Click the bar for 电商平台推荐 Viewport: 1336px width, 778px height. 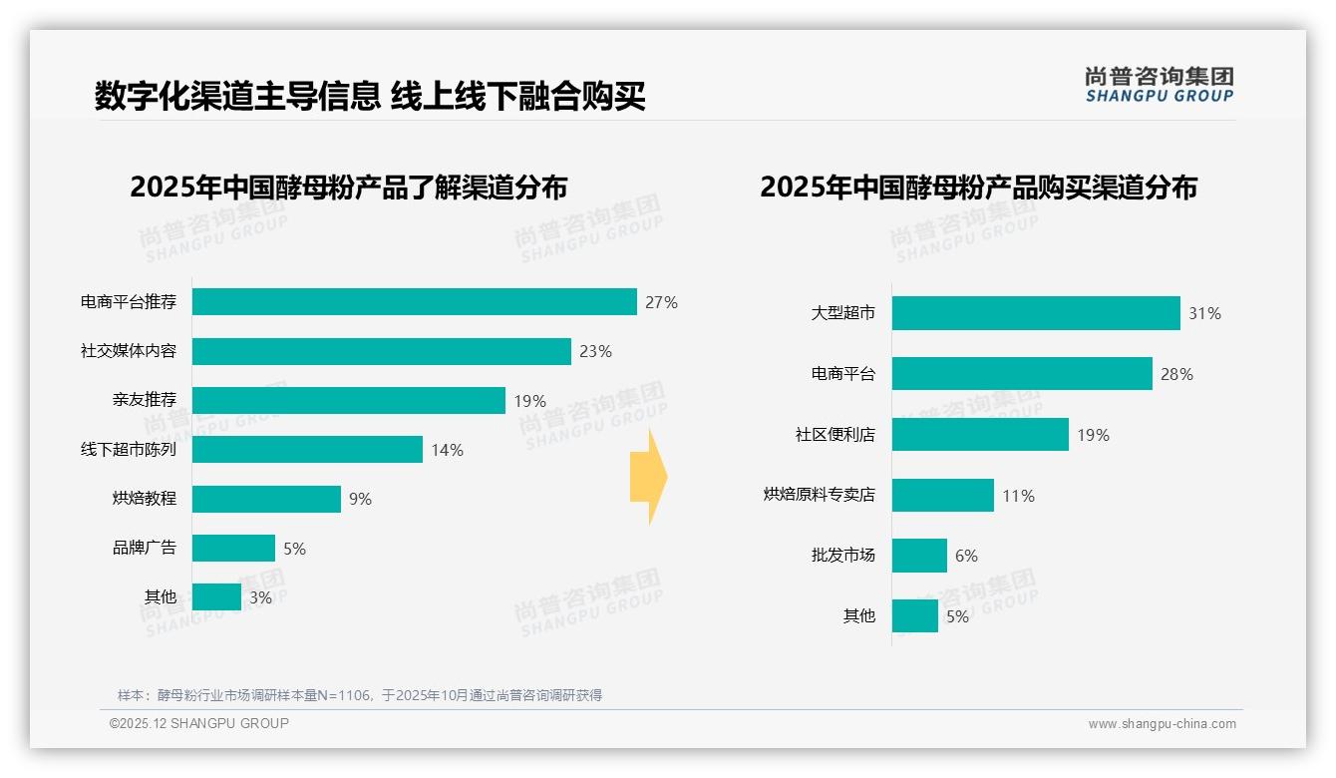(x=414, y=302)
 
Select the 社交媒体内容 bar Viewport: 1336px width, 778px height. (x=381, y=351)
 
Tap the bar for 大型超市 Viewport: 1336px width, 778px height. (x=1035, y=313)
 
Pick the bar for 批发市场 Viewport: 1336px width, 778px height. (x=918, y=556)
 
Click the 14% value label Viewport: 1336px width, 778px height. (x=447, y=450)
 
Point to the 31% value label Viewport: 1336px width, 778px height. (x=1204, y=313)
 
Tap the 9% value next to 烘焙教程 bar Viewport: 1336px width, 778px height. (x=360, y=499)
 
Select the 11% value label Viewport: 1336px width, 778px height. (x=1018, y=496)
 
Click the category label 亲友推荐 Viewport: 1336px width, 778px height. (x=145, y=400)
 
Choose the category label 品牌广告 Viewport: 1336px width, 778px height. (x=145, y=548)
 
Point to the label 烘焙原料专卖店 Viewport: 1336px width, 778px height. (x=819, y=495)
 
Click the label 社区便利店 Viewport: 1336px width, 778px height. (x=835, y=435)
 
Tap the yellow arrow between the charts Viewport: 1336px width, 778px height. (x=648, y=477)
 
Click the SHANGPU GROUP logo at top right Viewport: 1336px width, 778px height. (x=1159, y=85)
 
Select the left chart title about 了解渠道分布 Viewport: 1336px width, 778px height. (x=348, y=187)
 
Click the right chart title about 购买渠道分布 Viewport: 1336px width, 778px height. (x=978, y=187)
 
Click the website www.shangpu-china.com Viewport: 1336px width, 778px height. (x=1162, y=724)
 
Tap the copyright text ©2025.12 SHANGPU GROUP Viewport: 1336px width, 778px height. (x=198, y=723)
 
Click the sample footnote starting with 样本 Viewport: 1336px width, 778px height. (x=359, y=695)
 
